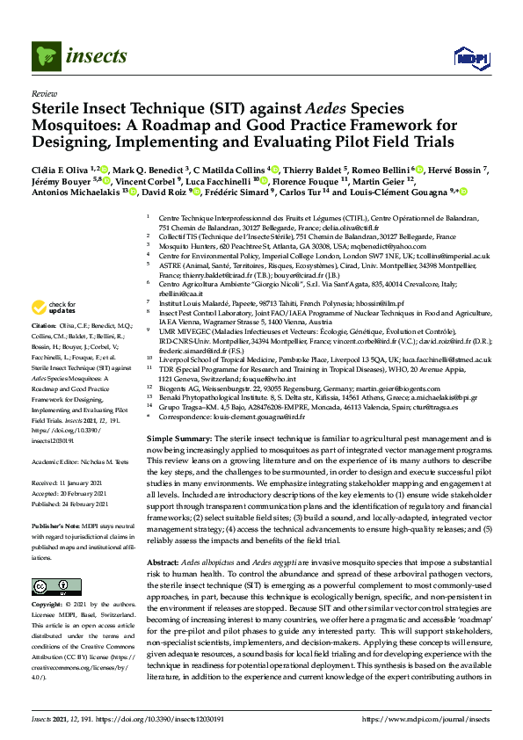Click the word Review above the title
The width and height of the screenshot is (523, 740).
pos(43,93)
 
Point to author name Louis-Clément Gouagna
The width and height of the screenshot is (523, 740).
pos(410,192)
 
